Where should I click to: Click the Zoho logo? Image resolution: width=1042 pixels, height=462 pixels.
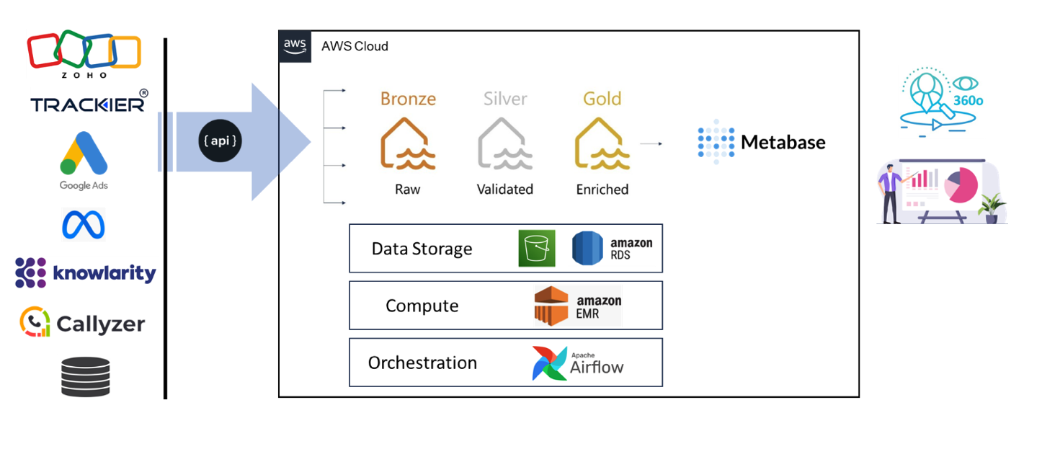(x=84, y=53)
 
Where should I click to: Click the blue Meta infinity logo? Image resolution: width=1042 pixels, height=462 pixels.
(x=84, y=224)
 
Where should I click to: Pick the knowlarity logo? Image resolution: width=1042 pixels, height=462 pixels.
(x=85, y=273)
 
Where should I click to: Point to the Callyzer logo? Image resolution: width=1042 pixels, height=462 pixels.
(x=82, y=323)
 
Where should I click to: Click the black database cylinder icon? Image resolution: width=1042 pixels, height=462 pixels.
(x=85, y=376)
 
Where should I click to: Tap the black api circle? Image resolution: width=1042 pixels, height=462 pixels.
(x=221, y=141)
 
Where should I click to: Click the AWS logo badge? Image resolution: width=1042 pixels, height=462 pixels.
(x=295, y=46)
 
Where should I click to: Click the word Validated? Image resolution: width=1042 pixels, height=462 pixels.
(x=504, y=190)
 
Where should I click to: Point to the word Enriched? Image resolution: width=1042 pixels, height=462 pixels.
(x=602, y=190)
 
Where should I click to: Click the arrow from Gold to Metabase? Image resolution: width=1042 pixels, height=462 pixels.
(x=651, y=144)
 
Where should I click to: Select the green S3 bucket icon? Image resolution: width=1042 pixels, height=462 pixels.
(x=537, y=249)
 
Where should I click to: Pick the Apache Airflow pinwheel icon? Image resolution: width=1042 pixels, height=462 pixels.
(x=550, y=363)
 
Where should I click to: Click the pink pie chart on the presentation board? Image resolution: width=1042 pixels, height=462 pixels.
(x=963, y=185)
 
